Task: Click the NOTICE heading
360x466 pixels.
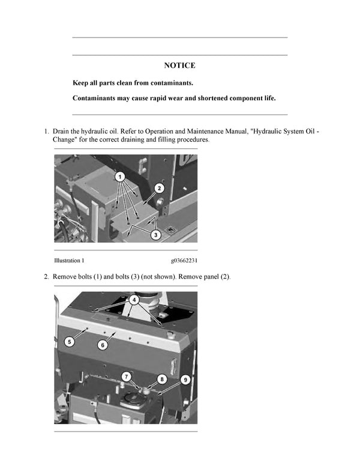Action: click(x=179, y=65)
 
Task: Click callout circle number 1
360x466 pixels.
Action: click(x=119, y=177)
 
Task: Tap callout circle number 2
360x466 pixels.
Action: click(x=159, y=188)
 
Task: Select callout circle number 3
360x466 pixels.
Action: click(x=155, y=235)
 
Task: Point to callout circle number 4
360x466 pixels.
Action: click(x=134, y=298)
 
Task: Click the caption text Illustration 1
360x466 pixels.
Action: click(x=69, y=261)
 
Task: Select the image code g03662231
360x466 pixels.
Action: click(x=184, y=261)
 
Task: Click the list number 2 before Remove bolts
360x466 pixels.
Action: click(x=46, y=276)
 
